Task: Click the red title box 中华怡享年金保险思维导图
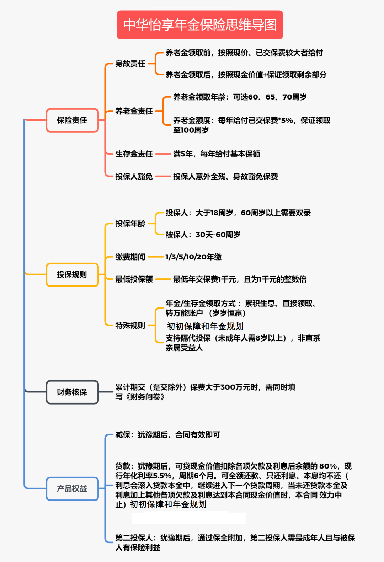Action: pyautogui.click(x=200, y=25)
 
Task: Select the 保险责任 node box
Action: pyautogui.click(x=72, y=120)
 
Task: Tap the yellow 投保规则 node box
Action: pyautogui.click(x=72, y=274)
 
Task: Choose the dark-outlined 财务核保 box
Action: pyautogui.click(x=72, y=392)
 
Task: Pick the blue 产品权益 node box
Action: pyautogui.click(x=72, y=488)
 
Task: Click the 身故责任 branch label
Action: pyautogui.click(x=130, y=64)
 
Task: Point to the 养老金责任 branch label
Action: pyautogui.click(x=134, y=111)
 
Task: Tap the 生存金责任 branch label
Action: pyautogui.click(x=134, y=154)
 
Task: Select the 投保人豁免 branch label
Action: pyautogui.click(x=134, y=176)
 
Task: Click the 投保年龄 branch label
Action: pyautogui.click(x=130, y=223)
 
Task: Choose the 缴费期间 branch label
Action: pyautogui.click(x=130, y=257)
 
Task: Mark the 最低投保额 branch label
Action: pyautogui.click(x=134, y=279)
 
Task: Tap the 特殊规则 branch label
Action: pyautogui.click(x=130, y=325)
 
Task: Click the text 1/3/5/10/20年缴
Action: pyautogui.click(x=193, y=257)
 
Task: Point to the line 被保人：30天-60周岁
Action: pyautogui.click(x=203, y=235)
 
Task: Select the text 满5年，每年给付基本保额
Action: pyautogui.click(x=217, y=154)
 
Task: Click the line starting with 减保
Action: pyautogui.click(x=168, y=434)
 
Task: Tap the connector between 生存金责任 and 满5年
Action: pyautogui.click(x=163, y=154)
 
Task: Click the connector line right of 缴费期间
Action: pyautogui.click(x=156, y=257)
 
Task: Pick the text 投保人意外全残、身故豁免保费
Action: pyautogui.click(x=225, y=176)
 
